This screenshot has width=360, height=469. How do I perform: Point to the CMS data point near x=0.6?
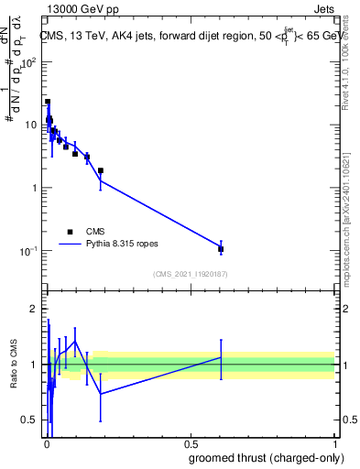point(221,249)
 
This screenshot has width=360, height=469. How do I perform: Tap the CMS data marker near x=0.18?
point(101,170)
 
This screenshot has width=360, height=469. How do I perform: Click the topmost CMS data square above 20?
point(48,102)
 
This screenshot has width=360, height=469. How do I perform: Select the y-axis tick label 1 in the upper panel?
point(34,188)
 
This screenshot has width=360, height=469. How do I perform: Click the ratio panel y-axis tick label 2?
point(34,309)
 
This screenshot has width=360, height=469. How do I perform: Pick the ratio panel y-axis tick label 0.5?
point(30,420)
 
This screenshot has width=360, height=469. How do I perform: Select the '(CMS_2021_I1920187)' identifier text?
point(190,274)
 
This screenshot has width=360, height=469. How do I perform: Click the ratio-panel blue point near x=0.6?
point(221,357)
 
